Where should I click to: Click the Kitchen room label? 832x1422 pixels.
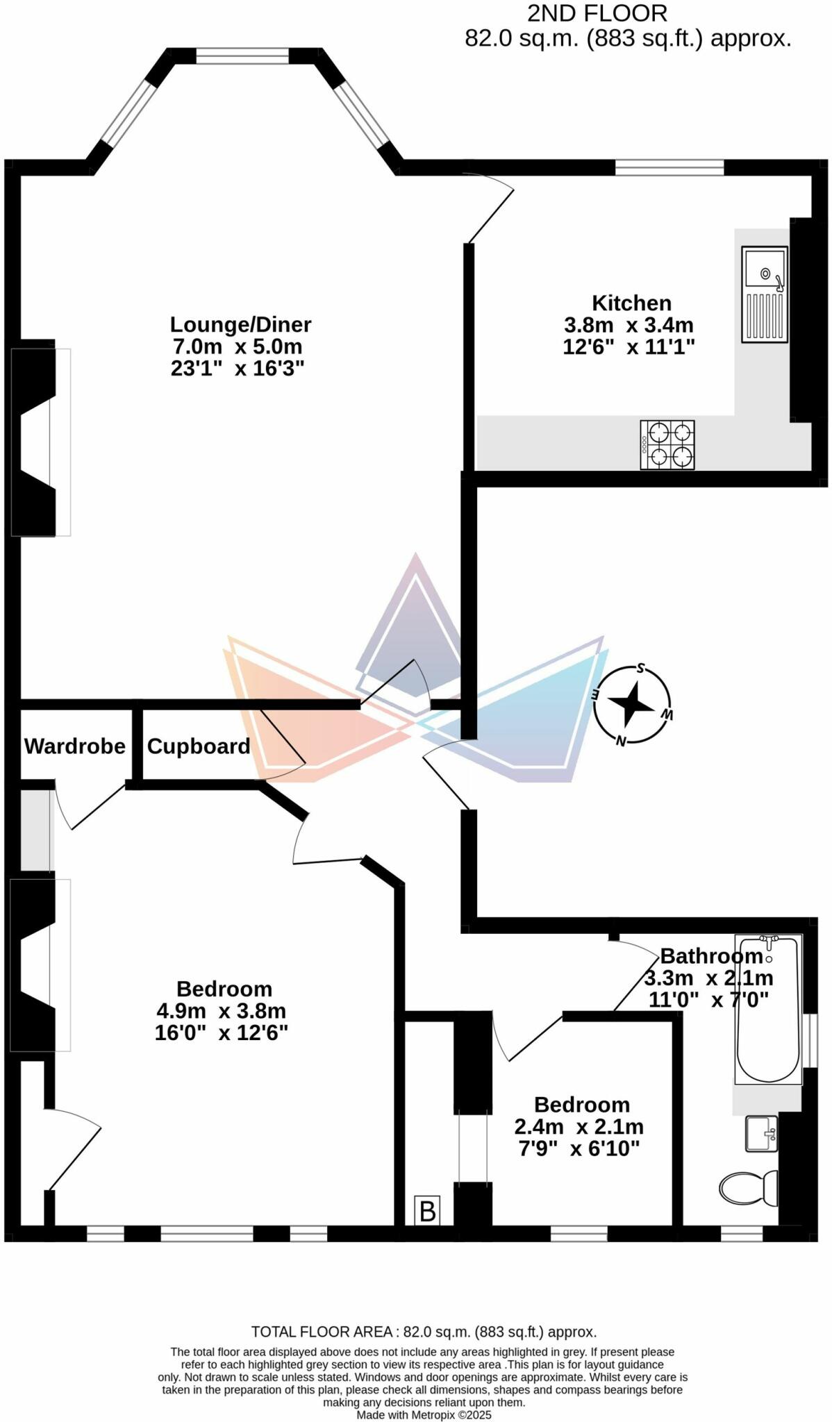pyautogui.click(x=631, y=303)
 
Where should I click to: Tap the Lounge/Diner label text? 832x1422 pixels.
pyautogui.click(x=240, y=324)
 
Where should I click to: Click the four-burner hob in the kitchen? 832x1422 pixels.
pyautogui.click(x=667, y=445)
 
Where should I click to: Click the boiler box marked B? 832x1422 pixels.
pyautogui.click(x=427, y=1211)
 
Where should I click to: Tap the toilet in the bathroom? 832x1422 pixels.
pyautogui.click(x=748, y=1188)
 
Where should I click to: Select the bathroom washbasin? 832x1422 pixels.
pyautogui.click(x=761, y=1133)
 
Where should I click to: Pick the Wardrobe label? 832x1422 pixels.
pyautogui.click(x=75, y=746)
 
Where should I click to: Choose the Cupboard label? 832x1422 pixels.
pyautogui.click(x=199, y=746)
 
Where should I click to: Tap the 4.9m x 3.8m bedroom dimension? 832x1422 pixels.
pyautogui.click(x=222, y=1011)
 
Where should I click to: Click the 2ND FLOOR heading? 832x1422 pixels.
pyautogui.click(x=597, y=13)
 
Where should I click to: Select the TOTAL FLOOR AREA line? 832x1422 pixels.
pyautogui.click(x=424, y=1332)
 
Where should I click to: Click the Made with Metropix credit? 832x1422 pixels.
pyautogui.click(x=424, y=1414)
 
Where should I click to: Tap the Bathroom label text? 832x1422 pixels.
pyautogui.click(x=711, y=956)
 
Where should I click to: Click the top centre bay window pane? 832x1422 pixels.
pyautogui.click(x=242, y=56)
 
